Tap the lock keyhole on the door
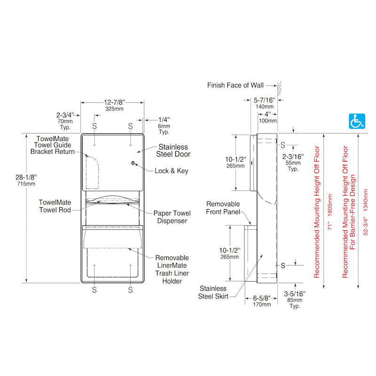pyautogui.click(x=133, y=164)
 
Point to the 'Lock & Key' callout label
pyautogui.click(x=171, y=171)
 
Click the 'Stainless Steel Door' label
pyautogui.click(x=173, y=150)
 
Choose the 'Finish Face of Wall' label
pyautogui.click(x=235, y=86)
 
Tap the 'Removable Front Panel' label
pyautogui.click(x=223, y=208)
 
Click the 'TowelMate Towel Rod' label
pyautogui.click(x=55, y=206)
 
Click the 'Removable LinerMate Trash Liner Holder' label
pyautogui.click(x=172, y=269)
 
